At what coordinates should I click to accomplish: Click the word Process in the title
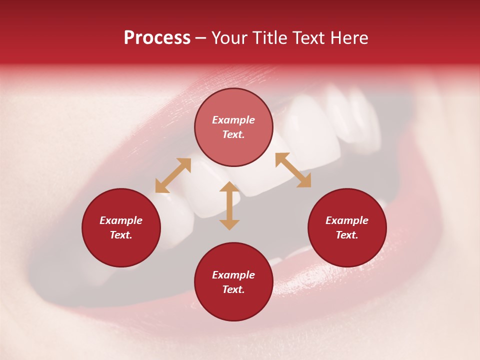[x=157, y=38]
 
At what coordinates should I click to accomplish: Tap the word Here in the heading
[x=349, y=38]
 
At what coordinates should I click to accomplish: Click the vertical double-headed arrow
[x=229, y=205]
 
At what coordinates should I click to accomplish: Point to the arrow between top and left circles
[x=173, y=175]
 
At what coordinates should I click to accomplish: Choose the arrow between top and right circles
[x=293, y=170]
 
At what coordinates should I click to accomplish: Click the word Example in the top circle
[x=233, y=120]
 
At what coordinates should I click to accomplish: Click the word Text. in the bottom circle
[x=233, y=289]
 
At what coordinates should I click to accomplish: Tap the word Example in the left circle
[x=121, y=220]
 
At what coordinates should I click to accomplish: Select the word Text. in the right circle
[x=347, y=235]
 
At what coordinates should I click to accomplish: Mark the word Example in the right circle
[x=347, y=220]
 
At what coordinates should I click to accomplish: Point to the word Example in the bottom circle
[x=233, y=275]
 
